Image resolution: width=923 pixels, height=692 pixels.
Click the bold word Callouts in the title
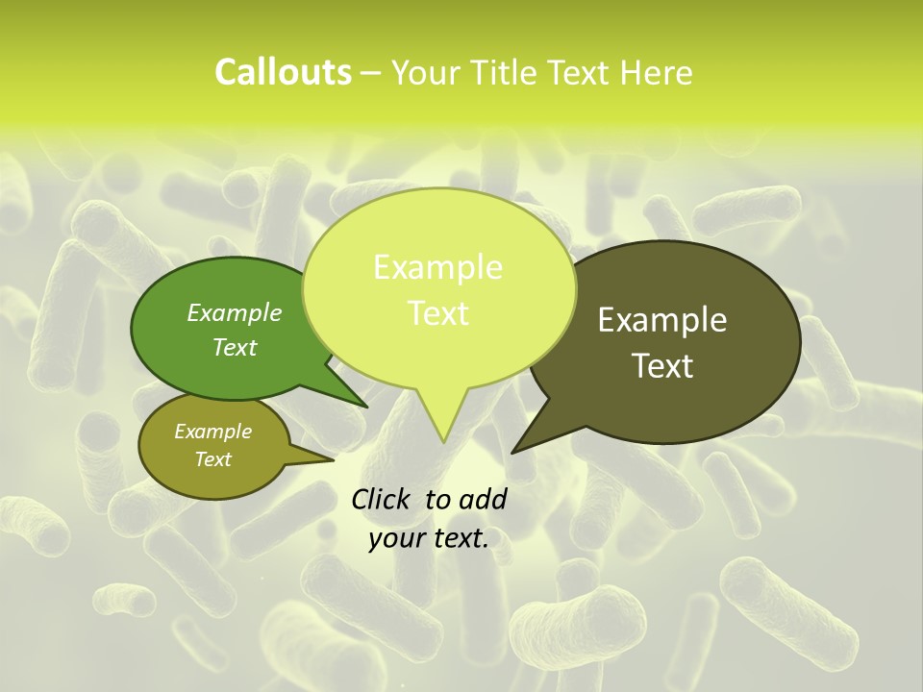click(283, 72)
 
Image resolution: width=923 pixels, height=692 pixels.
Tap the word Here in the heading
click(656, 72)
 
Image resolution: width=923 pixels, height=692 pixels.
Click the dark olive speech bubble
click(673, 288)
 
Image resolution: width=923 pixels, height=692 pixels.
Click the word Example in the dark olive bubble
click(662, 320)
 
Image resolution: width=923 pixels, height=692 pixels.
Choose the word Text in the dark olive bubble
click(663, 366)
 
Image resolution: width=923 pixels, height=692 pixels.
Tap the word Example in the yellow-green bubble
click(437, 267)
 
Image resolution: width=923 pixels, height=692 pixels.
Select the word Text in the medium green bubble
click(235, 347)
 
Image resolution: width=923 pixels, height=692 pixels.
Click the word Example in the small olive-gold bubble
click(212, 432)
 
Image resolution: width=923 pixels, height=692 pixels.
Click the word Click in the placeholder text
click(380, 499)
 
